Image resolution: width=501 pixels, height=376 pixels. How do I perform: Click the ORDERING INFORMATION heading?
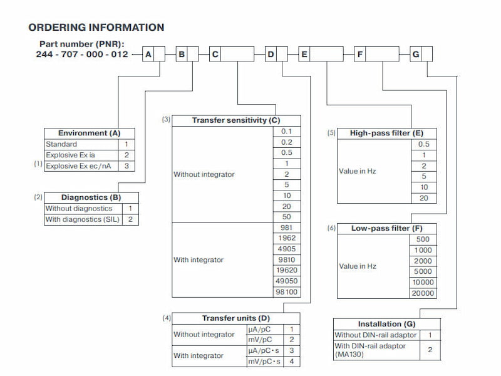click(96, 28)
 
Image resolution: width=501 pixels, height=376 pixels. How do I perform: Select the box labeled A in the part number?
click(148, 55)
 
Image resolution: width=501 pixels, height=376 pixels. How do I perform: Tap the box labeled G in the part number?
click(415, 55)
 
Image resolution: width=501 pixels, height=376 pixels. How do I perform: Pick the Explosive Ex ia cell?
click(70, 154)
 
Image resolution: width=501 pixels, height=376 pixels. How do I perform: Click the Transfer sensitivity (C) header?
click(236, 120)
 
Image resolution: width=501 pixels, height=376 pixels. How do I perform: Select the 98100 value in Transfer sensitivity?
click(287, 293)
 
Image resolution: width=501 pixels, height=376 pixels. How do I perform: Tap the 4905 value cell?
click(287, 249)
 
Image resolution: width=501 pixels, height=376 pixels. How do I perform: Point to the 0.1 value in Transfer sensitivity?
click(287, 131)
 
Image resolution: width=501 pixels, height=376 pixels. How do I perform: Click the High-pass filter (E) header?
click(386, 133)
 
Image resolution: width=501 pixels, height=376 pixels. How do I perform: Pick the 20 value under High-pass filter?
click(423, 198)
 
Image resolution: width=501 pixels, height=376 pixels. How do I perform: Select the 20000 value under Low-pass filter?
click(423, 293)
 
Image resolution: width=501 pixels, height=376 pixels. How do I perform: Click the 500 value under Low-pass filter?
click(423, 239)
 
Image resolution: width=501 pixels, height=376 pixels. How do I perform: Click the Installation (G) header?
click(386, 323)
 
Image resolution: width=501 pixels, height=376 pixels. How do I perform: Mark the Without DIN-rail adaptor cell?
click(374, 335)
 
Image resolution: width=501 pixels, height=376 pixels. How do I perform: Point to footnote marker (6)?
click(332, 228)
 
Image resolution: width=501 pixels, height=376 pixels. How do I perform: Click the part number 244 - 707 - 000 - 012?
click(82, 55)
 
